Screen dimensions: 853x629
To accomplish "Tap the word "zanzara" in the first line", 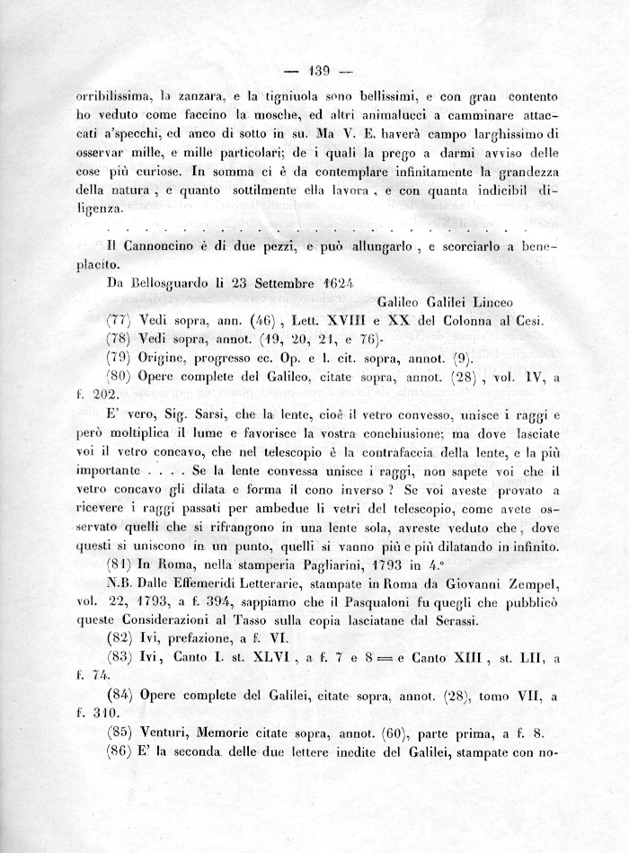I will [x=192, y=95].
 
